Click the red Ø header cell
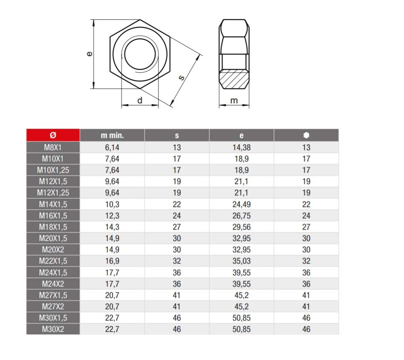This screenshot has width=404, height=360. [x=53, y=135]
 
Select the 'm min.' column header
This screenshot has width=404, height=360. [x=112, y=135]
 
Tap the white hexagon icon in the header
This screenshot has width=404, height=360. [x=306, y=135]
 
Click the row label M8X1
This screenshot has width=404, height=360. [x=53, y=147]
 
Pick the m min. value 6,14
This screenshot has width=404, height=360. [x=112, y=147]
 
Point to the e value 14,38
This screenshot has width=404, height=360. [x=242, y=147]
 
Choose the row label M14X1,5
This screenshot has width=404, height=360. [x=53, y=204]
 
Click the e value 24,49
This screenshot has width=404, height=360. [x=242, y=204]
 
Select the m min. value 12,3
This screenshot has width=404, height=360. [x=112, y=216]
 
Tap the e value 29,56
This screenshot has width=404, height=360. [x=242, y=227]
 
